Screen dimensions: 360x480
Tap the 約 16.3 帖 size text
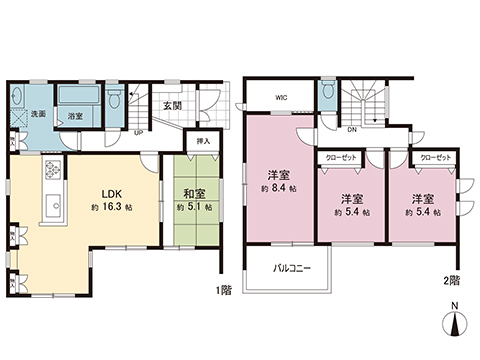click(x=110, y=206)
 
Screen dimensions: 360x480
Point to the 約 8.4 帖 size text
click(x=279, y=187)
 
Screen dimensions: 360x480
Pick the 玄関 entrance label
click(x=171, y=107)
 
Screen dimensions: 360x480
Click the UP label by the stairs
click(x=137, y=131)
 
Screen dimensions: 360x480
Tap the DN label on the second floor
click(x=352, y=130)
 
